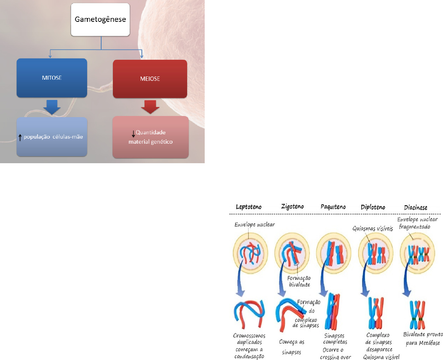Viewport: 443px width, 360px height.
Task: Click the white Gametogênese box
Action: pyautogui.click(x=101, y=19)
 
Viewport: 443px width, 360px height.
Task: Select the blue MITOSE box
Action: pyautogui.click(x=52, y=77)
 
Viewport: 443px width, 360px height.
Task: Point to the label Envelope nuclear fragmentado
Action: pyautogui.click(x=416, y=225)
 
